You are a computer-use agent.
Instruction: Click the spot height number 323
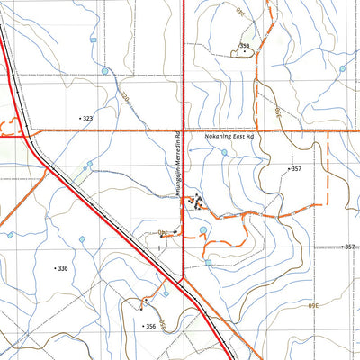click(x=88, y=119)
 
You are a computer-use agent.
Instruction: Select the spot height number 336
click(x=62, y=269)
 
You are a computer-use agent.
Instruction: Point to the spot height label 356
click(x=150, y=327)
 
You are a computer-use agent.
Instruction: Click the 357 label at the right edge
click(x=296, y=168)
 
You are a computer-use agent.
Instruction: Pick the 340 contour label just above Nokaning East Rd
click(x=278, y=113)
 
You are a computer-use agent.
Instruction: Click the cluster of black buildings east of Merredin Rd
click(x=194, y=203)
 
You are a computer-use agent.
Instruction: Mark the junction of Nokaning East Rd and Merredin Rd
click(x=183, y=131)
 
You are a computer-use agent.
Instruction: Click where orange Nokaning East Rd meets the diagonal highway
click(x=34, y=132)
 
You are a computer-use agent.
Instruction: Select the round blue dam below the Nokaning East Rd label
click(x=224, y=153)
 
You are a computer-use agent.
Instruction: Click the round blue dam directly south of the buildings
click(x=204, y=229)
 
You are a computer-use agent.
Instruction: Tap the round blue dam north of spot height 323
click(x=105, y=70)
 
